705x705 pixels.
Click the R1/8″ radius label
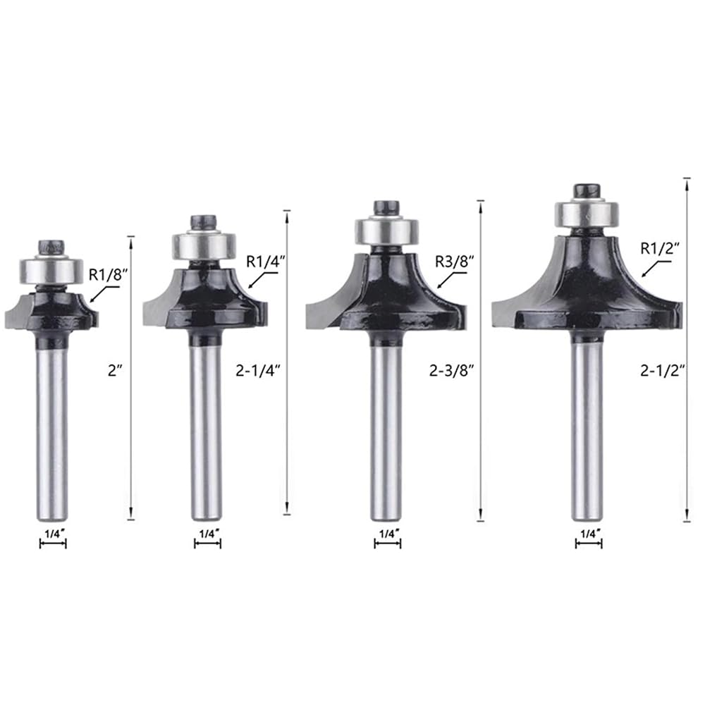106,275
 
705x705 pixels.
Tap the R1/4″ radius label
266,262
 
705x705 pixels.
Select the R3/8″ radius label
455,262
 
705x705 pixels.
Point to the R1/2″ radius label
660,247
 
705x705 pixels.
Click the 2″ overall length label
115,371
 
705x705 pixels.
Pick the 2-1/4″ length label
258,371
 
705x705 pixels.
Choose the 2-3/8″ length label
452,371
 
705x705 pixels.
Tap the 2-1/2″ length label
663,371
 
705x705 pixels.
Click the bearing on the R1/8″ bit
51,271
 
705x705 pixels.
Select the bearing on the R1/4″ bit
204,245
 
